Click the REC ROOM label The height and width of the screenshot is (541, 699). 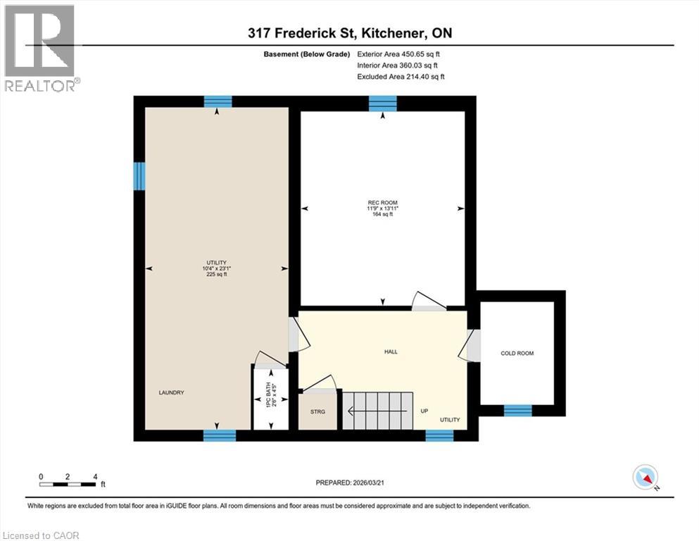[382, 203]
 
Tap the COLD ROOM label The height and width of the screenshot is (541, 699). [517, 353]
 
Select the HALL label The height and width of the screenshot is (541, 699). [391, 351]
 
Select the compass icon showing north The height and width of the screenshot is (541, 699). [645, 478]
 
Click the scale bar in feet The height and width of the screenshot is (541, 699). [68, 484]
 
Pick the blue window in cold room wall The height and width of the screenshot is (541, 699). [517, 410]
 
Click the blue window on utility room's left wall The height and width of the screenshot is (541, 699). [139, 176]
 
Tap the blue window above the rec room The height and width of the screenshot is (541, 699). [382, 104]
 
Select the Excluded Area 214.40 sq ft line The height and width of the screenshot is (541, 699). [401, 76]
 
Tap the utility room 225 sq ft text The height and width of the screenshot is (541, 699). [216, 274]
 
